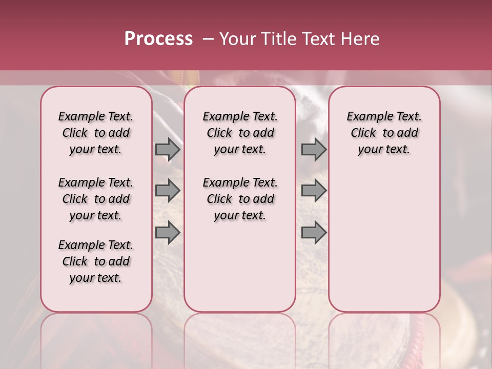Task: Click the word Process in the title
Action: (x=158, y=39)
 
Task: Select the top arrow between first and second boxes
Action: (x=168, y=150)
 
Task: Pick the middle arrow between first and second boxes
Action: (x=168, y=191)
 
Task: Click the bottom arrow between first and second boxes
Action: (x=168, y=232)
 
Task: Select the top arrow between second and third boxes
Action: (x=314, y=150)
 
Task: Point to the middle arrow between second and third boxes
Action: (x=314, y=191)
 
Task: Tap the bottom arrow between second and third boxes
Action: (x=314, y=232)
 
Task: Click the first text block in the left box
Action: (x=96, y=133)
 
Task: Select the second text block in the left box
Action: (x=96, y=199)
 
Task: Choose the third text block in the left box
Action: (x=96, y=261)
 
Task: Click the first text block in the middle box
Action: (x=240, y=133)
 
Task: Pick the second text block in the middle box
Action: (x=240, y=199)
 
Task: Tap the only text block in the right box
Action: (x=384, y=133)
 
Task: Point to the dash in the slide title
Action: (x=208, y=39)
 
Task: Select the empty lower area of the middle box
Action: (x=240, y=266)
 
